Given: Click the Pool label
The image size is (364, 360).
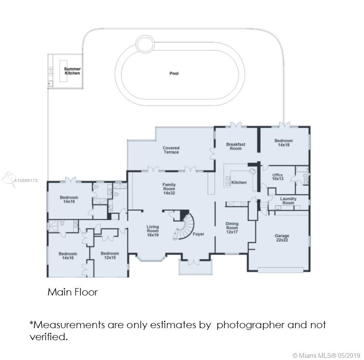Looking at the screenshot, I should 174,74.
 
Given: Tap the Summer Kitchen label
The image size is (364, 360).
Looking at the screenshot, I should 72,71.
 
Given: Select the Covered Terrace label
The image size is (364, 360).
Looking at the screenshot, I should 171,150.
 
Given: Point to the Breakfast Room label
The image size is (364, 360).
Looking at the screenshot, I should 235,146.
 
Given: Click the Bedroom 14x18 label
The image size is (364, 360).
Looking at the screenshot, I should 284,143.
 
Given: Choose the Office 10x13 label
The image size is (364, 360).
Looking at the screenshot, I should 278,177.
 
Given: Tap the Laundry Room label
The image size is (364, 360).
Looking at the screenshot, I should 288,200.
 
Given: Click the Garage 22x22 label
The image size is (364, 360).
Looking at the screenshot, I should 282,238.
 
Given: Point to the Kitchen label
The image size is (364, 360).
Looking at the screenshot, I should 239,182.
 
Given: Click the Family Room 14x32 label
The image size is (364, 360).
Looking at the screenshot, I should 169,189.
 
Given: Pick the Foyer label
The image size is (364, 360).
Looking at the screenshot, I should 198,234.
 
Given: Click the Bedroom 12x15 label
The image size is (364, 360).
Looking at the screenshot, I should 110,255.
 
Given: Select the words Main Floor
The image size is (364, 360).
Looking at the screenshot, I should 72,292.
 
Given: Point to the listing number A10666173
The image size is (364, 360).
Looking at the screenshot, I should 26,181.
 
